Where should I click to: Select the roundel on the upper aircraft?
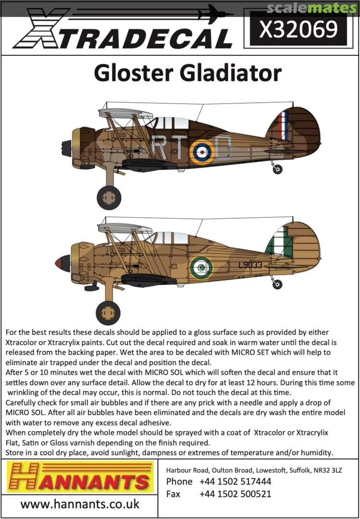[202, 152]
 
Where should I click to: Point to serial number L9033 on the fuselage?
[249, 265]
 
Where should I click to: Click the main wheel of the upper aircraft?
[109, 197]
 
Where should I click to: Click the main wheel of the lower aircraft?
[108, 313]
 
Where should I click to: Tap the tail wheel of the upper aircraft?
[277, 169]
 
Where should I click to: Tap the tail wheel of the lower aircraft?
[277, 284]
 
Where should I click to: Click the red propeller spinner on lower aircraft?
[61, 263]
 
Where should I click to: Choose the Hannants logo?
[80, 478]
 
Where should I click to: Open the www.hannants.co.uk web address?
[80, 504]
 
